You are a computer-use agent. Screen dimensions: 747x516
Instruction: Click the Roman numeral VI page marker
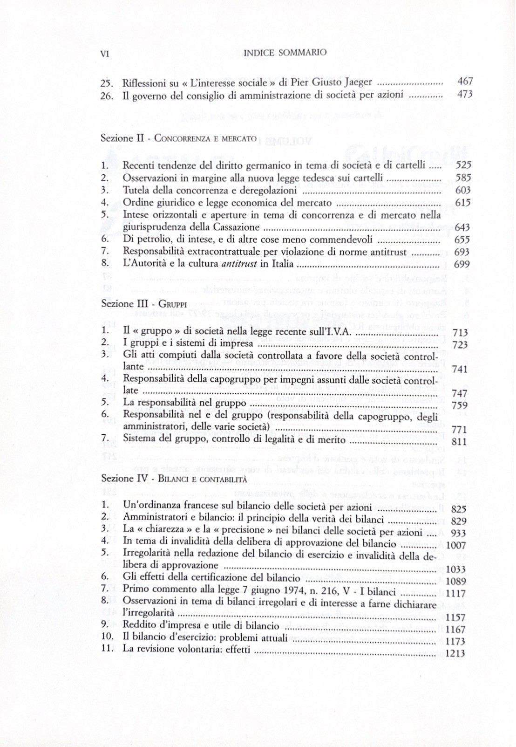point(105,54)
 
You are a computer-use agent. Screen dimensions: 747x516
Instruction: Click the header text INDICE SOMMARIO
point(285,53)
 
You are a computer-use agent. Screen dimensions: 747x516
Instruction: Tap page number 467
point(465,82)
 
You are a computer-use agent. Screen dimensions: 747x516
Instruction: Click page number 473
point(465,94)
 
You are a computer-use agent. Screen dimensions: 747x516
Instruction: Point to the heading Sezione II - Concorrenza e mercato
point(178,138)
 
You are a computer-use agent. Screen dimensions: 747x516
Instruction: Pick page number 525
point(463,165)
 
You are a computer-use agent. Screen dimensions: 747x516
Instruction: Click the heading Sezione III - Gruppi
point(144,303)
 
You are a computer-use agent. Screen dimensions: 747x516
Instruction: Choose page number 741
point(459,369)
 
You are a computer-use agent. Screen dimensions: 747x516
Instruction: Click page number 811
point(459,441)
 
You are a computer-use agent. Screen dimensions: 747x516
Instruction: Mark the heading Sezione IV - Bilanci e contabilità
point(174,479)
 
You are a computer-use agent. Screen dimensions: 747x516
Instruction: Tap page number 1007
point(456,545)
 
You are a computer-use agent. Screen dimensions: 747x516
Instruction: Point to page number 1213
point(455,653)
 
